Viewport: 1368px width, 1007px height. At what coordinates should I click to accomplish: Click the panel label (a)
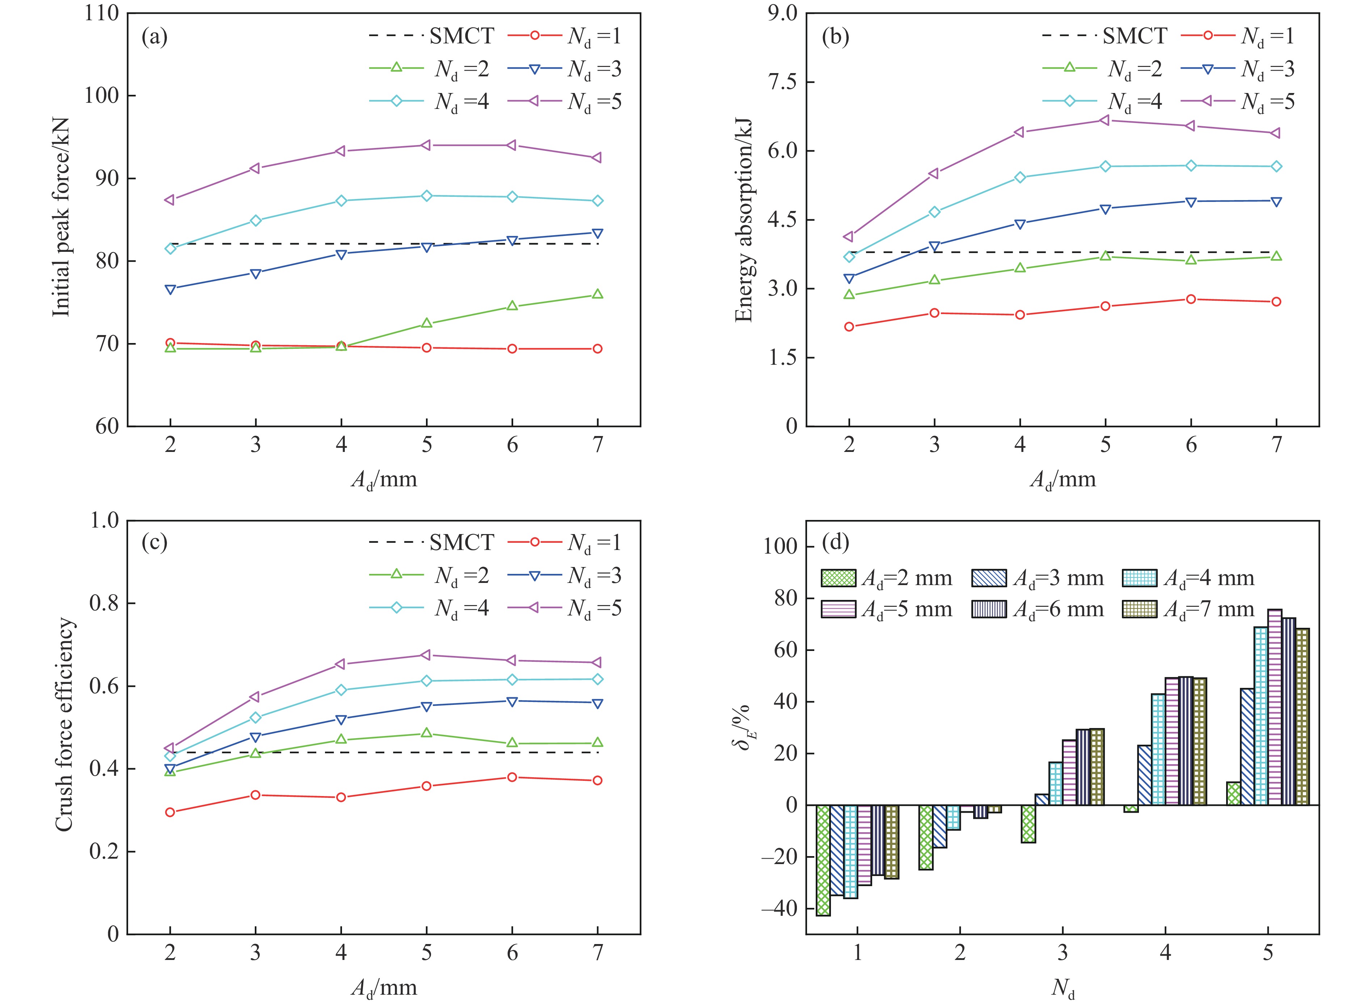click(154, 38)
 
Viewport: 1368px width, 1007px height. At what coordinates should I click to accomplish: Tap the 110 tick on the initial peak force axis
click(102, 13)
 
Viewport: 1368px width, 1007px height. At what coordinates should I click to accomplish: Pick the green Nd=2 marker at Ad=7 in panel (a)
click(598, 295)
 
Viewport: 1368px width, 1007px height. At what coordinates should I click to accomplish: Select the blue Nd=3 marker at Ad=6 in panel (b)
click(1191, 202)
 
